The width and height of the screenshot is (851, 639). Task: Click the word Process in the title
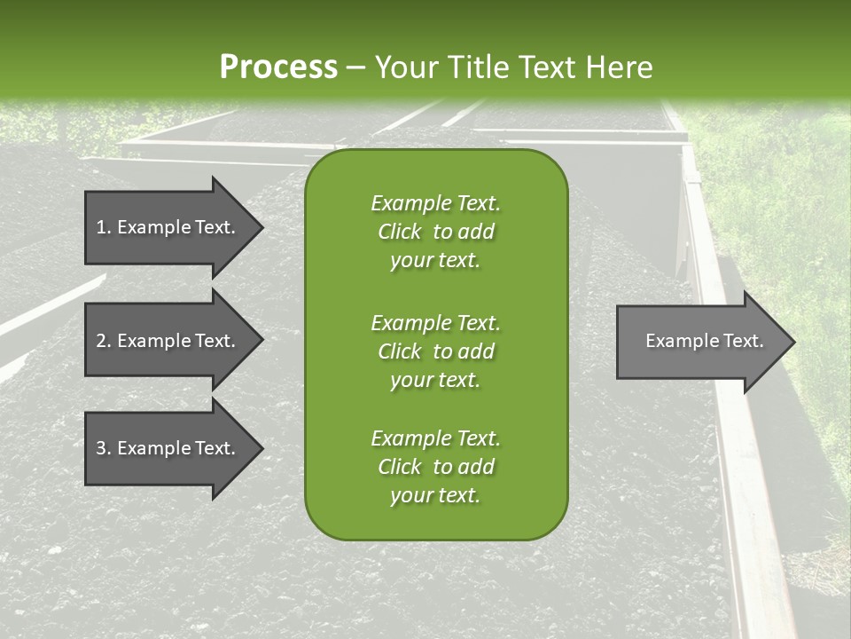(x=278, y=67)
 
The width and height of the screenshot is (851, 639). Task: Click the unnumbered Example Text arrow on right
(x=700, y=341)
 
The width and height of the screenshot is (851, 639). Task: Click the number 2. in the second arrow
(x=103, y=341)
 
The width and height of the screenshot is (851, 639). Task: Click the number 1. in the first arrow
(x=103, y=227)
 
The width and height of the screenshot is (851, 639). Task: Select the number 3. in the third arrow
(x=103, y=448)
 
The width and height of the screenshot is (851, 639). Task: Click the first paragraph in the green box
(x=435, y=232)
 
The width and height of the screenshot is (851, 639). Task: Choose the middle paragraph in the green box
(x=435, y=351)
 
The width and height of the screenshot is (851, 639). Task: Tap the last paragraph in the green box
(x=435, y=467)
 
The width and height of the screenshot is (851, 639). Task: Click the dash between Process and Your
(x=355, y=67)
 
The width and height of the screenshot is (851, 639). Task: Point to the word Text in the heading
(x=545, y=67)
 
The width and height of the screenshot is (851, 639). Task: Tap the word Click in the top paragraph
(x=400, y=232)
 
